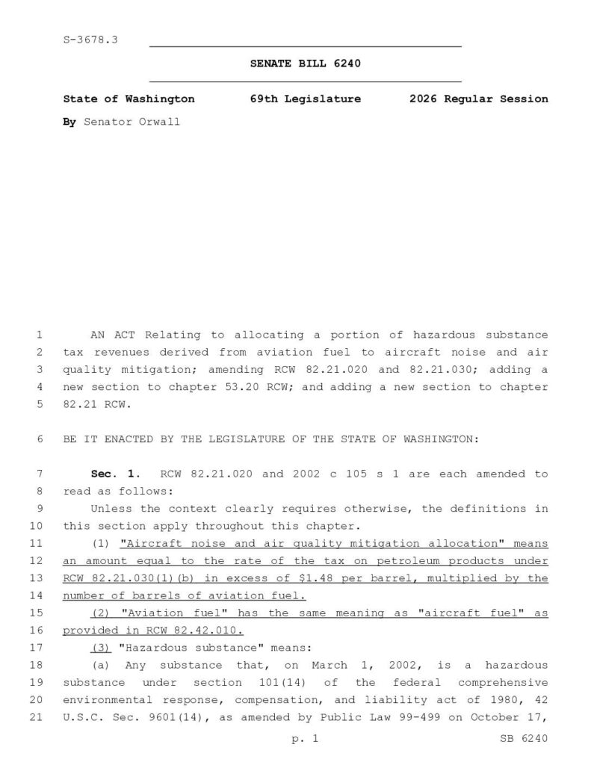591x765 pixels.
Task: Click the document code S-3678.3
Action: click(90, 39)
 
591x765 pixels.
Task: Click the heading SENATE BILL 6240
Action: click(305, 64)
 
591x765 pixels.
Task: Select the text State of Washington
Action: click(129, 99)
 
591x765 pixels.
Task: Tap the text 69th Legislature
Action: click(305, 99)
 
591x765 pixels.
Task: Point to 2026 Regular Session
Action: click(478, 99)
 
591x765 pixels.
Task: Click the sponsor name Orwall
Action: click(159, 121)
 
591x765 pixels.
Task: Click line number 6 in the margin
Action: click(39, 439)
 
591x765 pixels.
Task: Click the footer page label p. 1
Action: click(305, 739)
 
